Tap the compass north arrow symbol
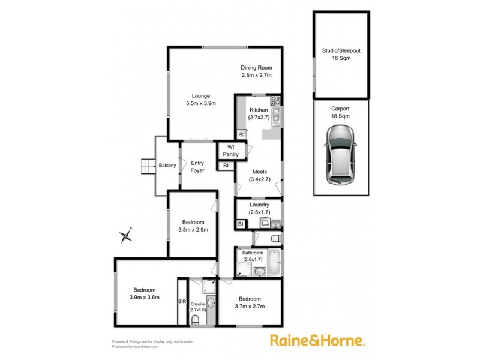tap(125, 233)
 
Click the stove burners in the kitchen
tap(276, 101)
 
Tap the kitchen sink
tap(276, 114)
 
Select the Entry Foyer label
tap(197, 166)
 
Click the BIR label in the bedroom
tap(182, 302)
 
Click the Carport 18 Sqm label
tap(340, 112)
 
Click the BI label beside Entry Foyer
tap(225, 166)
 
